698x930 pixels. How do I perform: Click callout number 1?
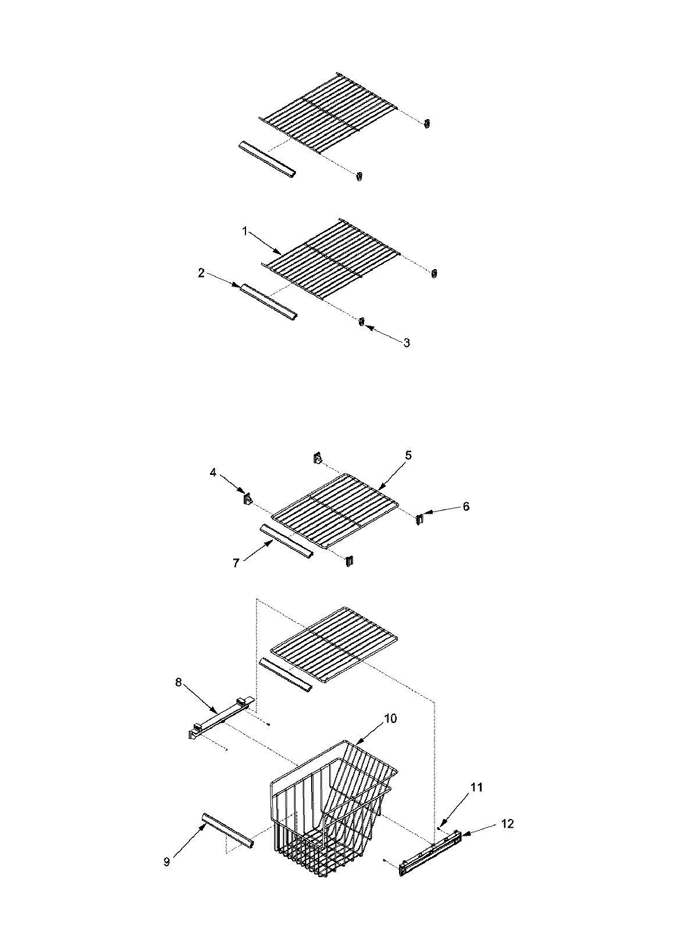click(x=245, y=231)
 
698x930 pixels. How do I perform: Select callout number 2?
click(x=201, y=273)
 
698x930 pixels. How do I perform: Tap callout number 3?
click(x=407, y=343)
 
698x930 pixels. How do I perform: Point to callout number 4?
click(x=213, y=473)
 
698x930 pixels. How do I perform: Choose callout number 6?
click(x=466, y=506)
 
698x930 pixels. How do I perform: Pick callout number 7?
click(x=236, y=563)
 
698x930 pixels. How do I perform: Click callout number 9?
click(x=167, y=862)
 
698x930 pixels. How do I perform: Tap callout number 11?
click(x=476, y=788)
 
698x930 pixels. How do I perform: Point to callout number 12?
click(x=507, y=824)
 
